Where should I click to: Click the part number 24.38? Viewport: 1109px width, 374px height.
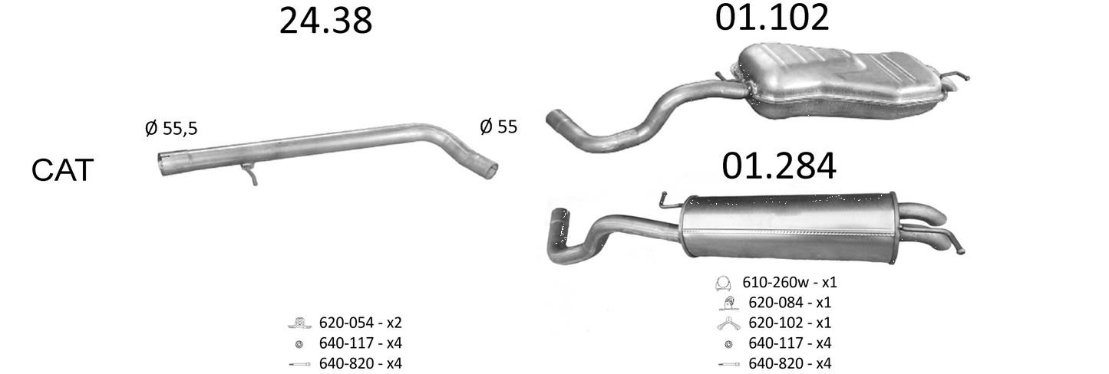(x=325, y=21)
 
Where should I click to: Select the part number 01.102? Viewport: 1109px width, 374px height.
(x=772, y=18)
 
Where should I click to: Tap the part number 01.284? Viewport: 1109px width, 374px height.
(x=779, y=166)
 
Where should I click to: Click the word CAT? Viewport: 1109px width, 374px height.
(x=62, y=170)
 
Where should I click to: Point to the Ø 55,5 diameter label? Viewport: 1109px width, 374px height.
(x=171, y=128)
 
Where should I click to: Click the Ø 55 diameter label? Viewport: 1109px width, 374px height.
(x=499, y=126)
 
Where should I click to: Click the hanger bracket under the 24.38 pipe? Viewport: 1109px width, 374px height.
(x=250, y=174)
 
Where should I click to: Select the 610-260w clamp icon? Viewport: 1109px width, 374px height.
(x=723, y=284)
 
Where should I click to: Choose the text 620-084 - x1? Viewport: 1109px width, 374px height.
(x=790, y=302)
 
